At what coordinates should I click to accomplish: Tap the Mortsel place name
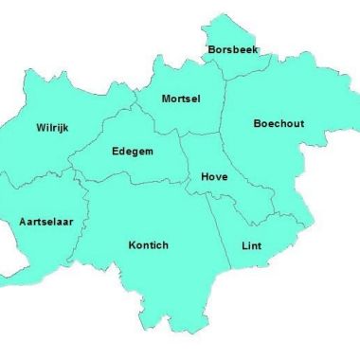(x=181, y=99)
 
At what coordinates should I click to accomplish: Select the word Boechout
(x=279, y=124)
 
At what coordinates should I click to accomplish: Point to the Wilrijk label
(x=53, y=127)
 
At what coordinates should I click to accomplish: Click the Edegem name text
(x=133, y=151)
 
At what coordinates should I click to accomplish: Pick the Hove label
(x=214, y=176)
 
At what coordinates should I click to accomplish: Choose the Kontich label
(x=148, y=245)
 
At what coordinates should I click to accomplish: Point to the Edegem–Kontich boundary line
(x=133, y=181)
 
